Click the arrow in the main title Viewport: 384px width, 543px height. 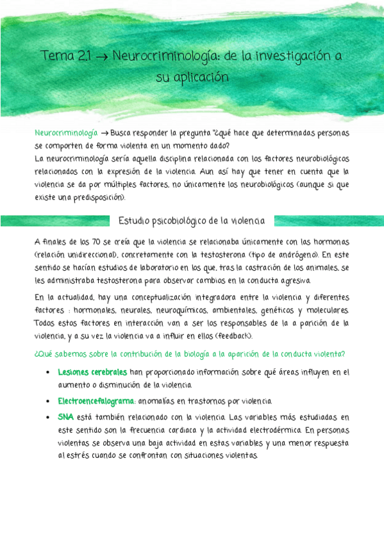[x=101, y=57]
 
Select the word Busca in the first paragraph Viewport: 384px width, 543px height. [x=122, y=134]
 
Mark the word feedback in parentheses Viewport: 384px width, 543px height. [x=233, y=336]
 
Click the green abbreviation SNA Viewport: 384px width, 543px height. [x=66, y=417]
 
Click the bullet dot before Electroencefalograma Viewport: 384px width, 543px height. [x=49, y=401]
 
